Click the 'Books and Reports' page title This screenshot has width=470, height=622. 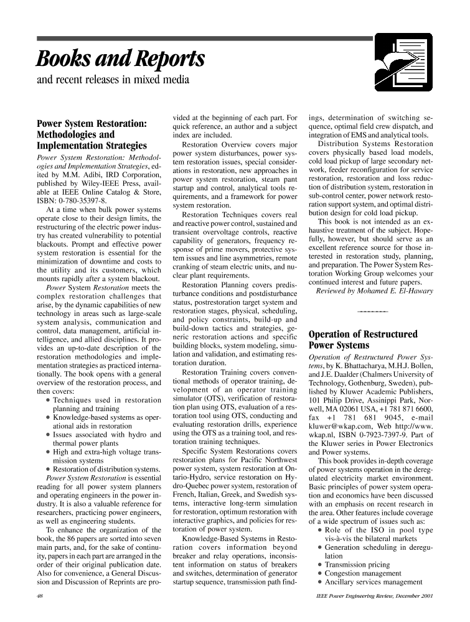click(121, 59)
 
